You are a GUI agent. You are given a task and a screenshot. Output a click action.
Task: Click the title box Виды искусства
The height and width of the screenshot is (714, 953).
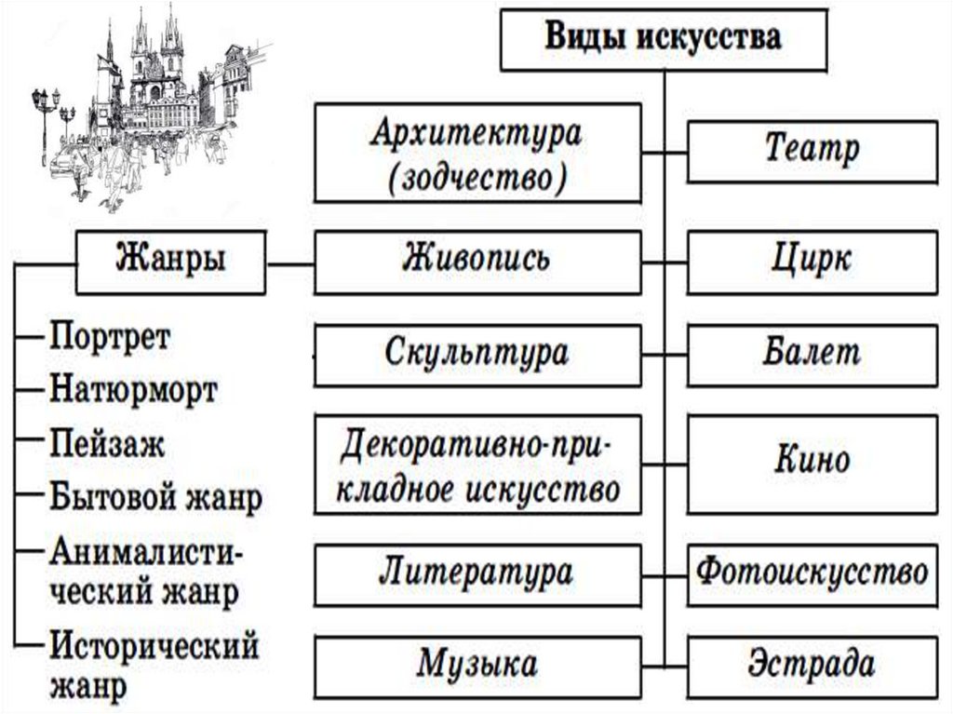point(662,38)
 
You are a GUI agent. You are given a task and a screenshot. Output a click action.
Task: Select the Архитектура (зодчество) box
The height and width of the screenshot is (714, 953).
point(477,153)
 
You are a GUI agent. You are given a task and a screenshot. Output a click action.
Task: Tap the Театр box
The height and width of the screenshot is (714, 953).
point(812,149)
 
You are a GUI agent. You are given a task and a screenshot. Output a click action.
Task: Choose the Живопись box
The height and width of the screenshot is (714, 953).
point(477,258)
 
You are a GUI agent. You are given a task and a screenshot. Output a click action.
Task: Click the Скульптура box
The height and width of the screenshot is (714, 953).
point(477,355)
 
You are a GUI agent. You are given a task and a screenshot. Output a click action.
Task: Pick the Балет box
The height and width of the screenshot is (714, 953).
point(812,355)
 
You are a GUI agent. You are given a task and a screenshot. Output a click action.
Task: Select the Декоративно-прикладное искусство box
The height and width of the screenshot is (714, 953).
point(477,465)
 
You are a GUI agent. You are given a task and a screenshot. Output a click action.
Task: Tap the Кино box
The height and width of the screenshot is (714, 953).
point(812,463)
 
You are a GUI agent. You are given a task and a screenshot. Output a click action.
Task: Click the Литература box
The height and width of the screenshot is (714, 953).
point(477,572)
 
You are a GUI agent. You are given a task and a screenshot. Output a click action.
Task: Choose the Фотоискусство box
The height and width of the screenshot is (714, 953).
point(812,572)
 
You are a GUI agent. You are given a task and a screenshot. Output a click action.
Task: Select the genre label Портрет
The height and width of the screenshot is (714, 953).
point(110,336)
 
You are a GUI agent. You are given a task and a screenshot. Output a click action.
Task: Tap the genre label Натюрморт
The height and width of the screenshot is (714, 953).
point(133,389)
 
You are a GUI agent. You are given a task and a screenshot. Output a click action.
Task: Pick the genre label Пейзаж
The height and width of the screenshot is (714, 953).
point(107,442)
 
